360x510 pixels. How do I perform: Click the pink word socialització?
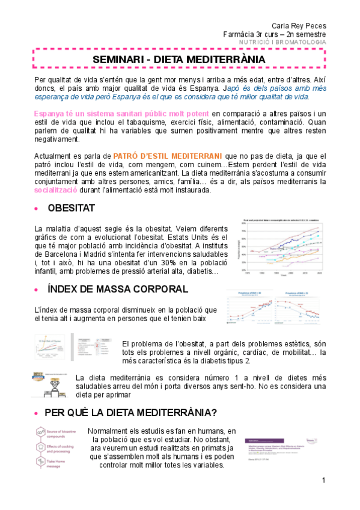pos(58,190)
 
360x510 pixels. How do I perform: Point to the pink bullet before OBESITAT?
pos(38,209)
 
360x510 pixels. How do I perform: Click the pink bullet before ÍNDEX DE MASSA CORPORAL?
pos(38,289)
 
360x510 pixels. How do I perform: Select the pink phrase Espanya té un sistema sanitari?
pos(122,113)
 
